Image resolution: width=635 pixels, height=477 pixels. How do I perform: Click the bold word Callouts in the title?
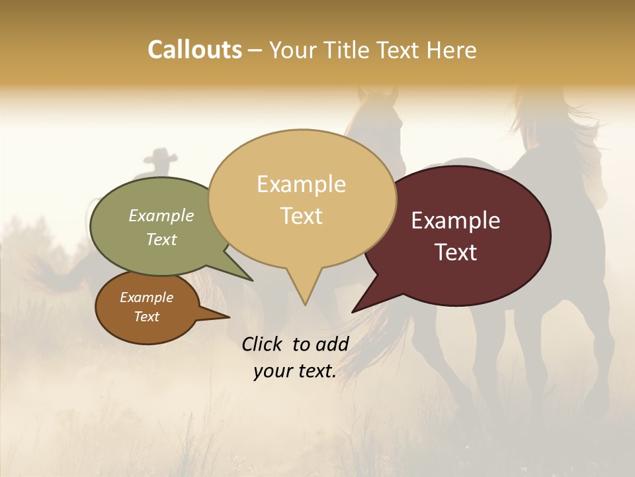pyautogui.click(x=194, y=50)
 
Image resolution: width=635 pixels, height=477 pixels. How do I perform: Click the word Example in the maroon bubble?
pyautogui.click(x=456, y=221)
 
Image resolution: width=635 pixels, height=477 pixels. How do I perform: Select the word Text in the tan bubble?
pyautogui.click(x=302, y=216)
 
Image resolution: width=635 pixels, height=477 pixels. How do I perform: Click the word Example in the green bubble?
pyautogui.click(x=161, y=215)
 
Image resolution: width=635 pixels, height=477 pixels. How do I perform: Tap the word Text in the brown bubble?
pyautogui.click(x=147, y=317)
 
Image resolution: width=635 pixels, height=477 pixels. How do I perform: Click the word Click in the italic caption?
pyautogui.click(x=263, y=344)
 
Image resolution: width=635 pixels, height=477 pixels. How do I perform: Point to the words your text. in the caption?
pyautogui.click(x=295, y=371)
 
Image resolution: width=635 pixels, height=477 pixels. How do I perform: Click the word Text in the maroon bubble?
pyautogui.click(x=456, y=252)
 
